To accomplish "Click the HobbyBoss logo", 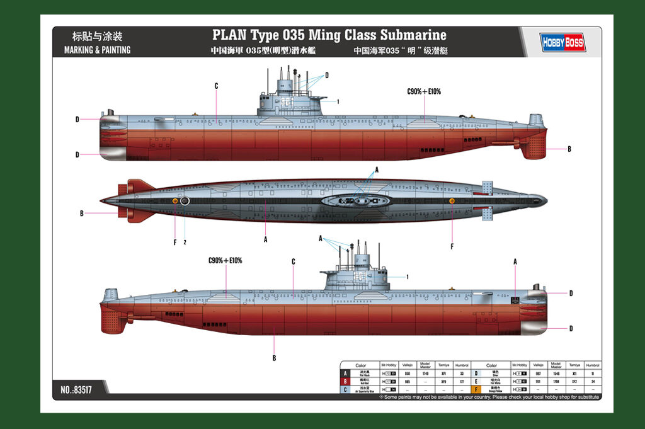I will point(562,42).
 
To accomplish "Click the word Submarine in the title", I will point(413,35).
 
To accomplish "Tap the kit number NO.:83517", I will point(77,389).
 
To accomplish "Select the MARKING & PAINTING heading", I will point(97,50).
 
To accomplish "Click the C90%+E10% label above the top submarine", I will point(424,91).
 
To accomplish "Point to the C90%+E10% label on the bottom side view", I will point(225,260).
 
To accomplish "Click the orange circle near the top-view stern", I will point(175,200).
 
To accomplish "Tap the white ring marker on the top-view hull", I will point(185,201).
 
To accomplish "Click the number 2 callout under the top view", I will point(185,242).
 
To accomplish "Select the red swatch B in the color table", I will point(345,381).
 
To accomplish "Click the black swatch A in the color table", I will point(345,373).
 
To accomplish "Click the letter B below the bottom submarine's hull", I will point(274,358).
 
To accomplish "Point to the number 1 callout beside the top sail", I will point(338,101).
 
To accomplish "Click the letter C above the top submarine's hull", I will point(216,86).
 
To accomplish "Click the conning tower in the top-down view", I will point(353,201).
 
